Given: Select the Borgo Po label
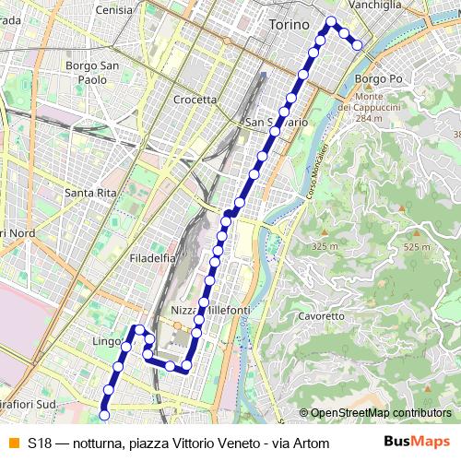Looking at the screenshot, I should pos(374,80).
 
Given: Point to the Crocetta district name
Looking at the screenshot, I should pos(195,100).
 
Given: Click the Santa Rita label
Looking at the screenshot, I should pos(89,193).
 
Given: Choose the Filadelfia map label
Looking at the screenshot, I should pos(153,258).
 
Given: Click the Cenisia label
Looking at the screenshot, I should pos(114,10).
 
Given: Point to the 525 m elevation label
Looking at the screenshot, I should pos(417,247).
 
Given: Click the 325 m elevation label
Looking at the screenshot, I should pos(325,247).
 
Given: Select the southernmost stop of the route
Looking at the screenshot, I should pos(104,415).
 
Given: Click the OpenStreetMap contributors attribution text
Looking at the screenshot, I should pos(380,413).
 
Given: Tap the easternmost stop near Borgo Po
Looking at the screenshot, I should pos(357,44).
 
